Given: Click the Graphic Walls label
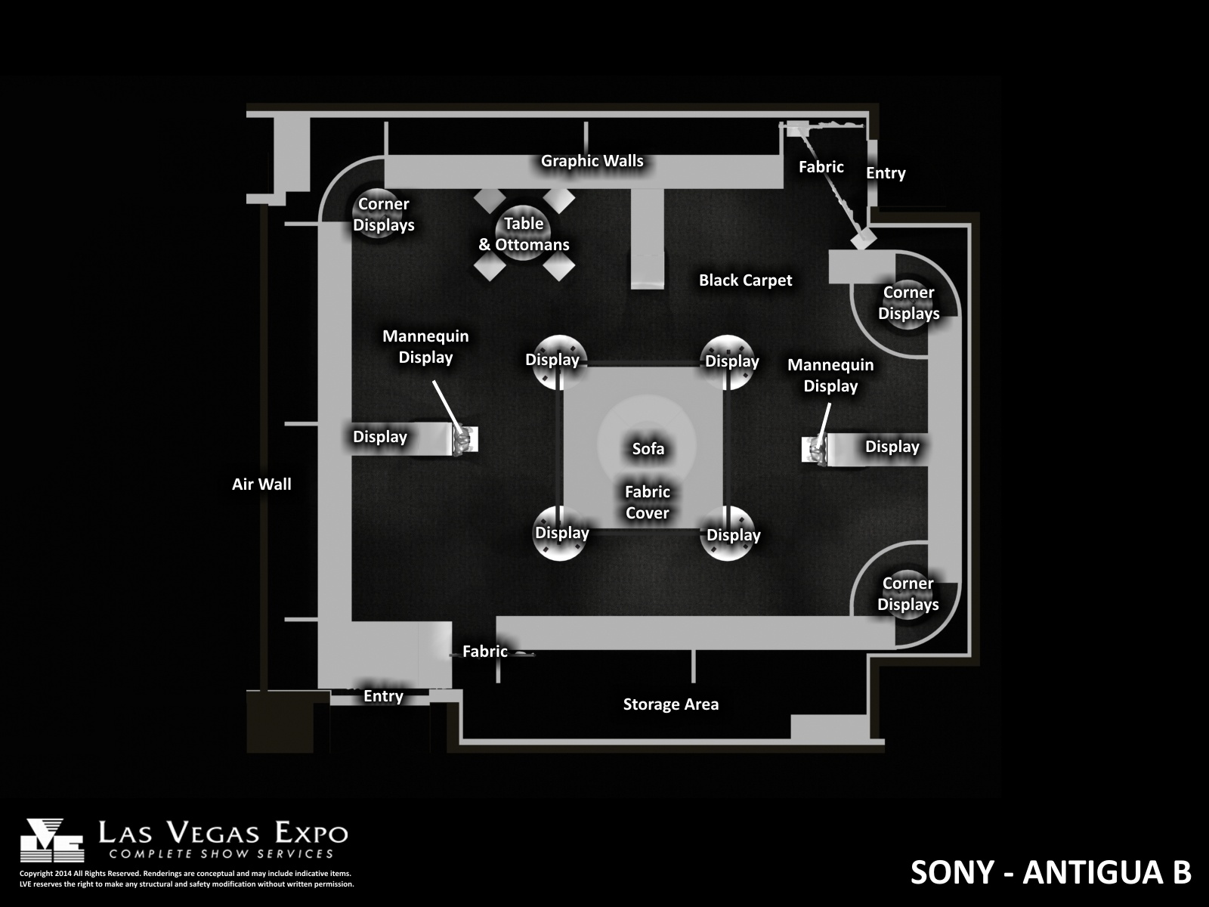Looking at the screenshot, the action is point(592,161).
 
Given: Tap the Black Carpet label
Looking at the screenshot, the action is point(745,280).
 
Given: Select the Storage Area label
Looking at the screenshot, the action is point(671,704).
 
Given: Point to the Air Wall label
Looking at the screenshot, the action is point(261,484).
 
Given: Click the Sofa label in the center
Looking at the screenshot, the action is point(648,449).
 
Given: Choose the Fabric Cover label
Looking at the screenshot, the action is point(647,502).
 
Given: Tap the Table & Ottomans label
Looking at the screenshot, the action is point(524,234).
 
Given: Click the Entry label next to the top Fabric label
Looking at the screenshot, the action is point(886,173).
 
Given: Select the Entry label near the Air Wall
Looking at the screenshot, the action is point(383,696).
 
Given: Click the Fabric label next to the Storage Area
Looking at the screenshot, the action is point(484,652).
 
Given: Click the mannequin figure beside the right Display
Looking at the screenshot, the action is point(816,450).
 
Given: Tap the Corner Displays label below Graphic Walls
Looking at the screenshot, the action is point(383,214).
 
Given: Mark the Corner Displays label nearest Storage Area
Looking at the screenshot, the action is point(908,593).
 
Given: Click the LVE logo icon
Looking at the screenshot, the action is point(52,840).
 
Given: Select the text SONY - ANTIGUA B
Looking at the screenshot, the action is point(1050,872).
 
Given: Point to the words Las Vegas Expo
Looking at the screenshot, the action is point(223,833).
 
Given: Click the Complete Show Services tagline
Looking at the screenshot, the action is point(221,854).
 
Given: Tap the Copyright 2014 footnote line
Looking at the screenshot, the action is point(185,874).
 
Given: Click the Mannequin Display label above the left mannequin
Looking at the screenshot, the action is point(425,346).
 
